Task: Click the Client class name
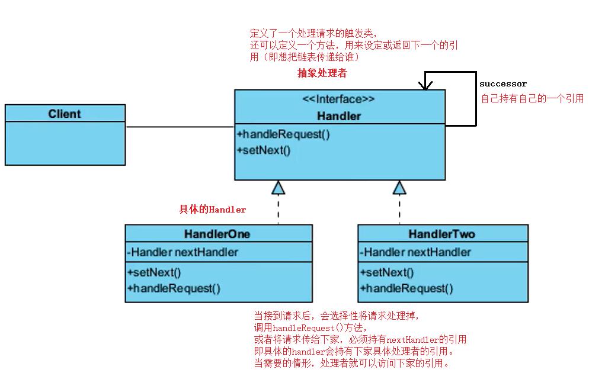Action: coord(65,114)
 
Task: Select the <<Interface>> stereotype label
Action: coord(339,99)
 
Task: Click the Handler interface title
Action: coord(339,116)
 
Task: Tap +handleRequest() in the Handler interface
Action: coord(283,134)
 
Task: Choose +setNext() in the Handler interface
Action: coord(264,150)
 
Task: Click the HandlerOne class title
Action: coord(217,234)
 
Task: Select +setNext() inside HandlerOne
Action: coord(153,272)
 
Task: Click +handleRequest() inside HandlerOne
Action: coord(173,288)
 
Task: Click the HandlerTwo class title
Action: coord(441,234)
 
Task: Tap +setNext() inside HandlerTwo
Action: coord(386,272)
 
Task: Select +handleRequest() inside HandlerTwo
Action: coord(406,288)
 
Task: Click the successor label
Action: coord(502,84)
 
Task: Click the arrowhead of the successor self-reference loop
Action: coord(425,85)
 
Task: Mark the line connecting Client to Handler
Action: coord(180,127)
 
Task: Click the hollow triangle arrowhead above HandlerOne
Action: coord(278,188)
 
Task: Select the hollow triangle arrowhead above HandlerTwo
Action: coord(399,188)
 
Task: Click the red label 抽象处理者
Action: coord(322,73)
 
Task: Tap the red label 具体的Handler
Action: coord(212,210)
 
